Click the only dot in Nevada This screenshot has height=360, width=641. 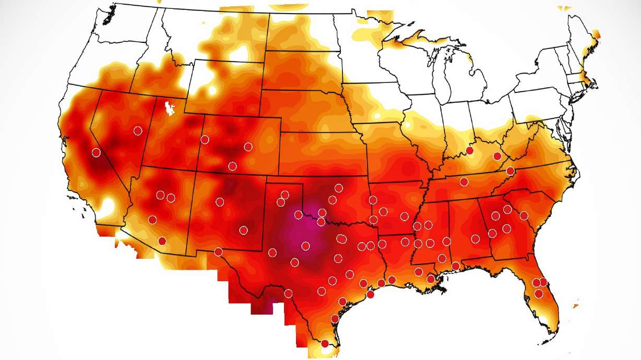pyautogui.click(x=138, y=130)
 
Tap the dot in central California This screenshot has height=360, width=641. pyautogui.click(x=96, y=152)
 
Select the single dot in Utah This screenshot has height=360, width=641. pyautogui.click(x=205, y=139)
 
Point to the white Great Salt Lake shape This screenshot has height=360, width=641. pyautogui.click(x=169, y=108)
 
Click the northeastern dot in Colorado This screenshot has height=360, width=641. pyautogui.click(x=248, y=147)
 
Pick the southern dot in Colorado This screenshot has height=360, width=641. pyautogui.click(x=232, y=166)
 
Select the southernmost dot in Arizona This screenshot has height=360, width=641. pyautogui.click(x=162, y=241)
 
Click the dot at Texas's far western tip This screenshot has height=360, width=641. pyautogui.click(x=218, y=252)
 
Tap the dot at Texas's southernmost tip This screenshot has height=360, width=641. pyautogui.click(x=325, y=343)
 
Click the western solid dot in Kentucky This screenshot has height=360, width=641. pyautogui.click(x=470, y=150)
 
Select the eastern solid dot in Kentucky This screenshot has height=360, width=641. pyautogui.click(x=497, y=156)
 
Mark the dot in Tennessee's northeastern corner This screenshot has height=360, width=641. pyautogui.click(x=511, y=171)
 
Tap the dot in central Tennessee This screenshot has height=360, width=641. pyautogui.click(x=464, y=182)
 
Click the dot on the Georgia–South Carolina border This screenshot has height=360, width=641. pyautogui.click(x=524, y=215)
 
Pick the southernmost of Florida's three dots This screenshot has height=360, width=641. pyautogui.click(x=539, y=294)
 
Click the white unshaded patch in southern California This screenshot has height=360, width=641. pyautogui.click(x=108, y=205)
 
